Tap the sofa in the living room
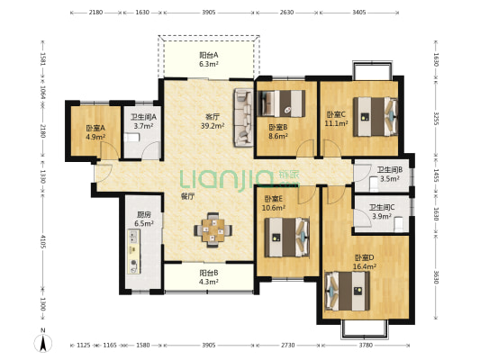point(243,118)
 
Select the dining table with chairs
point(213,229)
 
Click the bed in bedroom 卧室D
point(348,291)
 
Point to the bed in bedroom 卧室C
point(376,116)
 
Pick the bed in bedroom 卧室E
point(287,237)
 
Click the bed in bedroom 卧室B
point(282,103)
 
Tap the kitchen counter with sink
point(134,251)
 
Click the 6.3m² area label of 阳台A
point(208,64)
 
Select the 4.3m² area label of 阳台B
point(208,282)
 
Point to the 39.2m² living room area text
point(213,126)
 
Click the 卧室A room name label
point(95,128)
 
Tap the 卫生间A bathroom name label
point(143,117)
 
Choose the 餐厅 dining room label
point(187,197)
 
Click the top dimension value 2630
point(287,13)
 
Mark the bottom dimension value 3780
point(366,345)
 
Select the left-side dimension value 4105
point(43,241)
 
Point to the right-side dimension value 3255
point(436,118)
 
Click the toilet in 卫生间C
point(398,224)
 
